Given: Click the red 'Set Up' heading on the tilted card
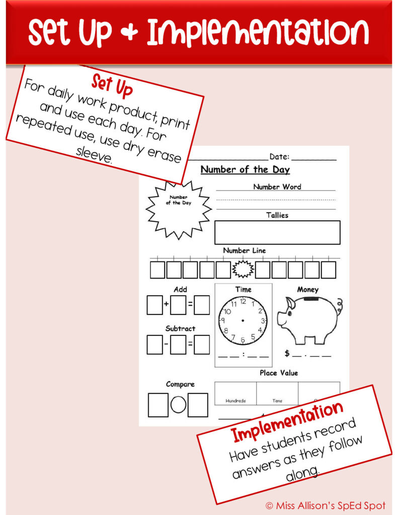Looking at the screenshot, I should coord(112,86).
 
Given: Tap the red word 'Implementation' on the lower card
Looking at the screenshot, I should coord(287,421).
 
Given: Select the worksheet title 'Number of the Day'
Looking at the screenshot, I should coord(245,169).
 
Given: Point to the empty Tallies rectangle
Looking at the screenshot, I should coord(277,232).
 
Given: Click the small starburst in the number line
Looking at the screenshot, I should coord(243,270).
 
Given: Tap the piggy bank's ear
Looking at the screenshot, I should coord(291,303).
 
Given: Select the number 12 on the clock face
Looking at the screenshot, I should coord(243,302).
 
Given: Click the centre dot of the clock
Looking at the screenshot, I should coord(243,320).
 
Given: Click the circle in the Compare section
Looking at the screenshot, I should coord(178,405).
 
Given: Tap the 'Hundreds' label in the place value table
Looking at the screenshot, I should coord(235,401).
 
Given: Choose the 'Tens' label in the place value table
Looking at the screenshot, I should coord(277,401).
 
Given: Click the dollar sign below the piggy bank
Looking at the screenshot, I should coord(287,354).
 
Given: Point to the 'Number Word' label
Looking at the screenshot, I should coord(277,187).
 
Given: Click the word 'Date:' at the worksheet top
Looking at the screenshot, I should coord(279,157).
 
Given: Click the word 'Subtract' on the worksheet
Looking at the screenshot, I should coord(180,328).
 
